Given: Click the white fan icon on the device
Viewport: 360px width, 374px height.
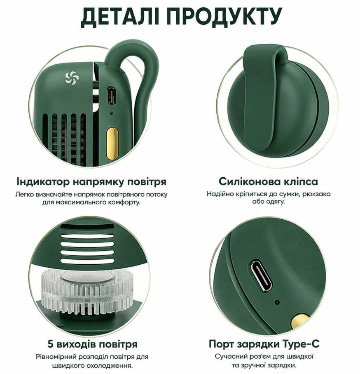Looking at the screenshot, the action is click(x=71, y=78).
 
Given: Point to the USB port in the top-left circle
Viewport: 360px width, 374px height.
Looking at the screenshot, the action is click(x=111, y=96).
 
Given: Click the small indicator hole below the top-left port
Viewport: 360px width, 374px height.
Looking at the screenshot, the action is click(x=111, y=113).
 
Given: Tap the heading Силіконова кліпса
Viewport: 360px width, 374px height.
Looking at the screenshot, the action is click(x=268, y=181).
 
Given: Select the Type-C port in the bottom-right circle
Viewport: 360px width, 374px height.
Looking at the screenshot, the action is click(x=261, y=276).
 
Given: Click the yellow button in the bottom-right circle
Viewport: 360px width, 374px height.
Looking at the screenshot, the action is click(x=301, y=322).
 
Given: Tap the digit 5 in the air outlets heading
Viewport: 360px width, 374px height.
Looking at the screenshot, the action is click(x=51, y=344).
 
